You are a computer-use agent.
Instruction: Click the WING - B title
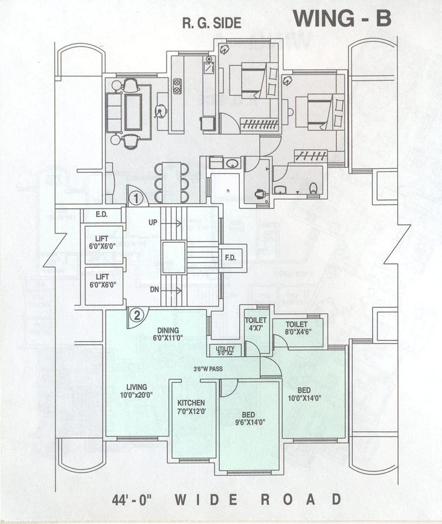[342, 18]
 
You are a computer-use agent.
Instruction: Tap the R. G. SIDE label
[211, 23]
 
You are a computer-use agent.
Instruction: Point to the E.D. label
[102, 215]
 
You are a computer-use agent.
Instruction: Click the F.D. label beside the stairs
[231, 258]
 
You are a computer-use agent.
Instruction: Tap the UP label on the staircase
[153, 223]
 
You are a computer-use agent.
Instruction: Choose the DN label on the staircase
[154, 289]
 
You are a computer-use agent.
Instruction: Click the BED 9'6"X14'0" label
[249, 418]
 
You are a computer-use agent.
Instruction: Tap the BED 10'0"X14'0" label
[304, 394]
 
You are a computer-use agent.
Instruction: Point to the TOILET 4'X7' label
[255, 323]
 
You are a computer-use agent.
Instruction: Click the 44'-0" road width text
[135, 500]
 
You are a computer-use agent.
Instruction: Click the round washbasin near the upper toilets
[231, 164]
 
